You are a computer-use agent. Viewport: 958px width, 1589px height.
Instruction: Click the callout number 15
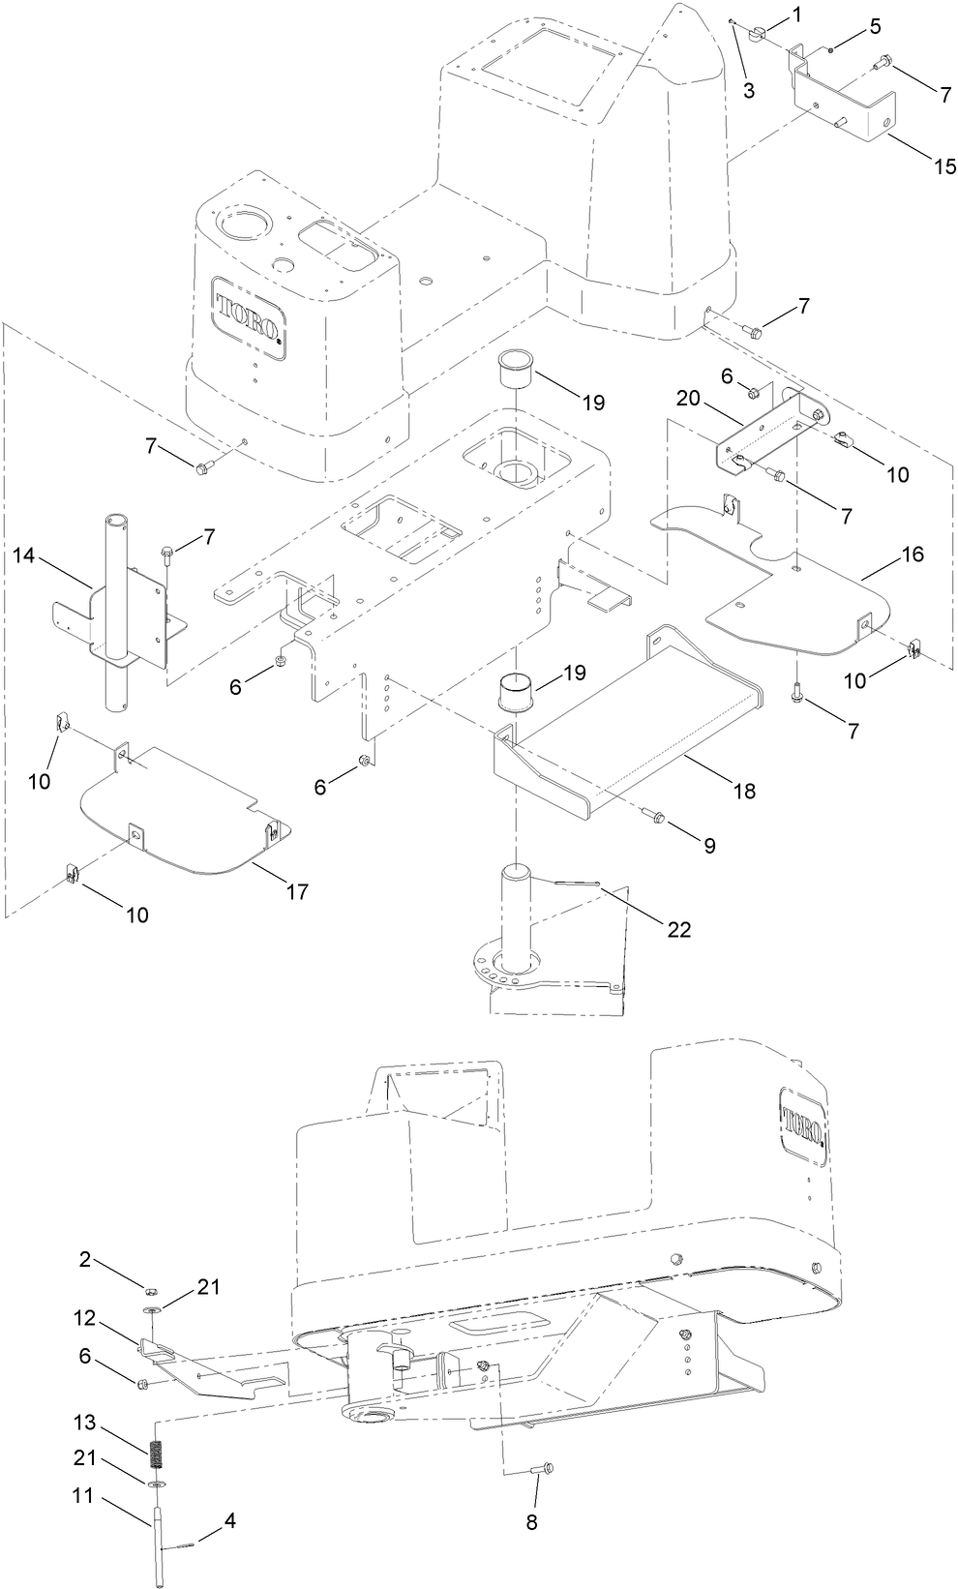(917, 165)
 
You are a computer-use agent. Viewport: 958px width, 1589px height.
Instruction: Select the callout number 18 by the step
(743, 791)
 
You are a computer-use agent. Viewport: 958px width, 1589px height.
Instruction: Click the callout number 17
(297, 891)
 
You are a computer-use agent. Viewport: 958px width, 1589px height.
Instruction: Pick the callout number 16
(912, 555)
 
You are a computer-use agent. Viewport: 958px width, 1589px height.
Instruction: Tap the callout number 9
(709, 845)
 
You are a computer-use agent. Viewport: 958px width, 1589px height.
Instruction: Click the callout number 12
(85, 1317)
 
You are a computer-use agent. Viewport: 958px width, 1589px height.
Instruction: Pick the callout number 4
(228, 1520)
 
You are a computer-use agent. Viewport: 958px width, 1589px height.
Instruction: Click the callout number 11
(85, 1495)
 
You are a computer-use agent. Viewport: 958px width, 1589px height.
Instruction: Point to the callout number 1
(796, 15)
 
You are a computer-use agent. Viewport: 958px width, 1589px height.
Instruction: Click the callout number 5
(875, 26)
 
